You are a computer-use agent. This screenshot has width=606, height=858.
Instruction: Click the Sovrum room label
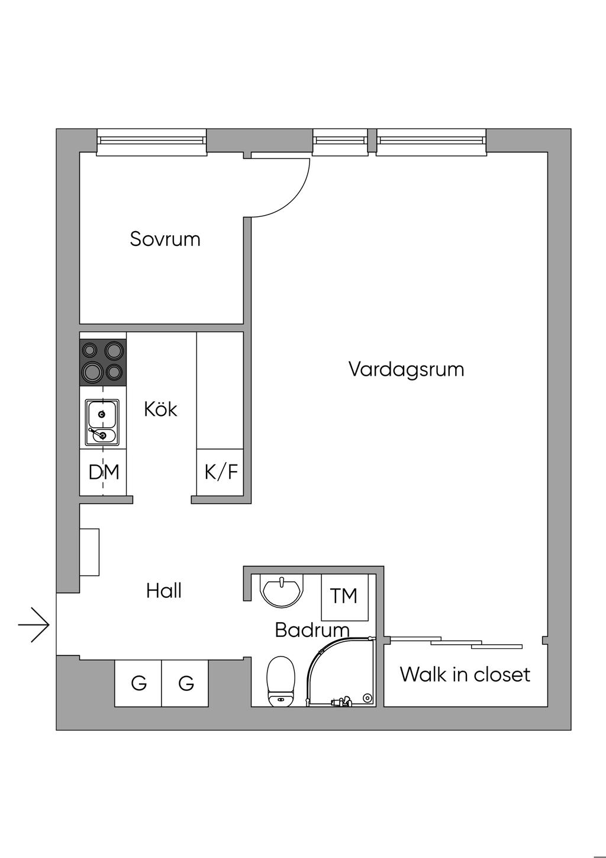[165, 239]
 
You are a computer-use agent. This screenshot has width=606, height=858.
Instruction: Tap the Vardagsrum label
[406, 369]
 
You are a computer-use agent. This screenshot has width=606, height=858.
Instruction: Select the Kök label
[160, 409]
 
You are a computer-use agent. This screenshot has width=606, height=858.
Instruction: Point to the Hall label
[164, 591]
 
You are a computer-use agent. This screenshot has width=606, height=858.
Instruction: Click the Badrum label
[312, 630]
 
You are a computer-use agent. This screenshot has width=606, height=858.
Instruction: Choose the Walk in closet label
[465, 674]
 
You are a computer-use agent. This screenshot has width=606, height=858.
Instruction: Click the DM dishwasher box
[104, 472]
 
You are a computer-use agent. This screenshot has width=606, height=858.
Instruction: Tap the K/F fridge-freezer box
[221, 472]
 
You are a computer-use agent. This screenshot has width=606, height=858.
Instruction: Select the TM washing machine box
[344, 596]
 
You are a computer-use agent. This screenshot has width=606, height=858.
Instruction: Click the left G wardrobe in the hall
[138, 683]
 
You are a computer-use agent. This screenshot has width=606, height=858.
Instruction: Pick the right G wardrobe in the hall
[186, 683]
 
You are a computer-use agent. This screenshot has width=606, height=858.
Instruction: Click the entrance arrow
[34, 625]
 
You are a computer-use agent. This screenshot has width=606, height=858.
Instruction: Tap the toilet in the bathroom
[281, 683]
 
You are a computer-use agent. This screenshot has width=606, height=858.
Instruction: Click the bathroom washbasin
[282, 590]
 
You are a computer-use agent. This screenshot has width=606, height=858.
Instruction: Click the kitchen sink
[102, 422]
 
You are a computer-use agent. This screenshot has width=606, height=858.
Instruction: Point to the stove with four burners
[103, 362]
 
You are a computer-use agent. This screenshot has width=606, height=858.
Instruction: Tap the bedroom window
[151, 140]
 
